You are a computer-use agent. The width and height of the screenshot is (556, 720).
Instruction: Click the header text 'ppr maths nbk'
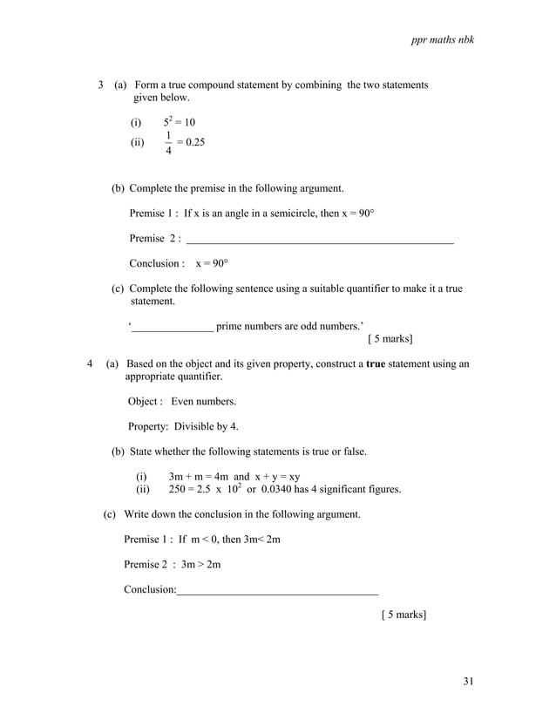click(443, 40)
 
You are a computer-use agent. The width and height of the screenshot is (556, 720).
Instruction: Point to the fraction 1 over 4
click(168, 143)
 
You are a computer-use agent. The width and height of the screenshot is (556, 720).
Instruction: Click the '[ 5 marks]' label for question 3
click(390, 338)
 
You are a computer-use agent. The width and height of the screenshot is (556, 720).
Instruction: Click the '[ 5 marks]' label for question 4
click(403, 615)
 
